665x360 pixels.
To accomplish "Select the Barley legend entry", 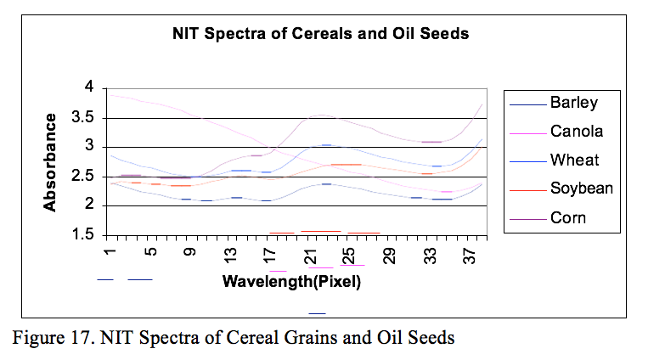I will [x=573, y=104].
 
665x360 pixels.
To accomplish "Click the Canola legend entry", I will [x=576, y=132].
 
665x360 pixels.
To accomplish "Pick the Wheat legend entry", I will [x=574, y=160].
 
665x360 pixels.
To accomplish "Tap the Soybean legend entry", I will [x=581, y=188].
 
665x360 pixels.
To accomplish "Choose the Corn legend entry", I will [x=567, y=217].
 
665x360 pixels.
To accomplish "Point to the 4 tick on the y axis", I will [x=87, y=87].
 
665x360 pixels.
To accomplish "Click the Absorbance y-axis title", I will [x=51, y=161].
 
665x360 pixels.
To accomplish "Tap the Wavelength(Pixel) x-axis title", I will [x=291, y=281].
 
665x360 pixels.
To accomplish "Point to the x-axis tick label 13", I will [x=231, y=254].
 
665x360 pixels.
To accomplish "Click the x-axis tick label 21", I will [x=313, y=254].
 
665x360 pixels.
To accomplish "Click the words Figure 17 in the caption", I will [x=54, y=338].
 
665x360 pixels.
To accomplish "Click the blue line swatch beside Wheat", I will [x=527, y=160].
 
